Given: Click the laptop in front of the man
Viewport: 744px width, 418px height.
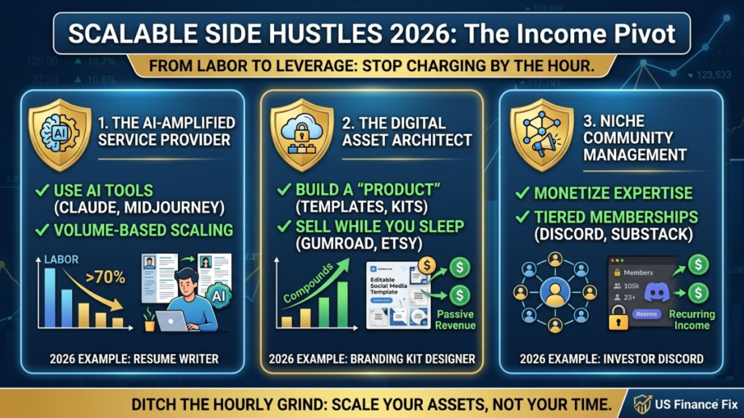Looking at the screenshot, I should (x=174, y=321).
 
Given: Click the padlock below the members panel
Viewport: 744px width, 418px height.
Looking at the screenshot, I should (x=618, y=320).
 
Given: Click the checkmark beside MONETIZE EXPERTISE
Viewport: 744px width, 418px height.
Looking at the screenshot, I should (x=521, y=194).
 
